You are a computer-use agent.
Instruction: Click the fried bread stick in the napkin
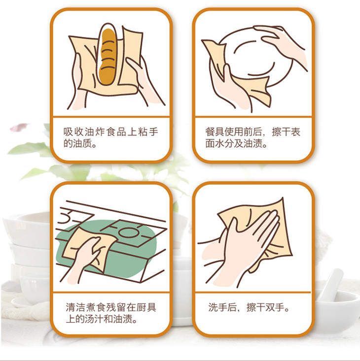pos(108,57)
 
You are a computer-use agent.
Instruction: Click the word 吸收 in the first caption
pos(73,131)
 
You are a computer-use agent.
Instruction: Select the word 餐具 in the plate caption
pos(215,131)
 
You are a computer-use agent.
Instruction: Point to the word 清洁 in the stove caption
pos(76,307)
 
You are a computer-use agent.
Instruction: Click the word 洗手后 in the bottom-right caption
pos(222,307)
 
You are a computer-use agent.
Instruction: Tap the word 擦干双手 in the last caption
pos(265,307)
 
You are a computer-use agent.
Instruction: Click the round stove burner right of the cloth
pos(129,233)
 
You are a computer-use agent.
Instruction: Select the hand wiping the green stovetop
pos(85,258)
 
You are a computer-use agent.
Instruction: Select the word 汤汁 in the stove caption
pos(94,319)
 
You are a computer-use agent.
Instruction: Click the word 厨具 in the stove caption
pos(146,307)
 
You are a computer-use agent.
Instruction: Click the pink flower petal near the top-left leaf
pos(19,127)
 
